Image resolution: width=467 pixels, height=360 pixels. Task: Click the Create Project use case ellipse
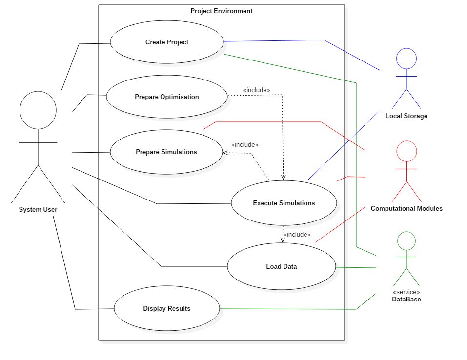[167, 42]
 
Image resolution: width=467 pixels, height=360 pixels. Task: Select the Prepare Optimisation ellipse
[167, 97]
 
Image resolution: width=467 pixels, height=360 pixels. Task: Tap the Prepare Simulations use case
[166, 152]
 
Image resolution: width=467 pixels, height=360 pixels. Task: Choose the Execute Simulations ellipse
[284, 203]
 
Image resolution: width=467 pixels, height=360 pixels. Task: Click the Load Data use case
[282, 266]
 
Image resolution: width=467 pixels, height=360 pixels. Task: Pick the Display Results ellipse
[167, 308]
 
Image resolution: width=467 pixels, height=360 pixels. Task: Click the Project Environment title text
[222, 11]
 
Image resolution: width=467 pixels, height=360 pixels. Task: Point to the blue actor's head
[406, 59]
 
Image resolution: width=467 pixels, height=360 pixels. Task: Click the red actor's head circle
[406, 151]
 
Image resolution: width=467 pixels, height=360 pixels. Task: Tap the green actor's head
[406, 241]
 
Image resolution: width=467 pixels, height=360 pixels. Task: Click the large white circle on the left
[38, 110]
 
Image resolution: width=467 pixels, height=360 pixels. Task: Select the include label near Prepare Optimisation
[256, 90]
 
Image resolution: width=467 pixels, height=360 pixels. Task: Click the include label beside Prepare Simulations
[244, 145]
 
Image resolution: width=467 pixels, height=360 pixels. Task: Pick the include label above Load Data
[297, 235]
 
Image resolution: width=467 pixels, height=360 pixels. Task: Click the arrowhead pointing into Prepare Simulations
[225, 153]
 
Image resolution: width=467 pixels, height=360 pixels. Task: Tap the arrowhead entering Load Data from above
[283, 240]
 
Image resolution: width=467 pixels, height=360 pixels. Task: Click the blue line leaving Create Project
[273, 40]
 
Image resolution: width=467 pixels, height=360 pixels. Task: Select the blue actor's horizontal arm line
[406, 76]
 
